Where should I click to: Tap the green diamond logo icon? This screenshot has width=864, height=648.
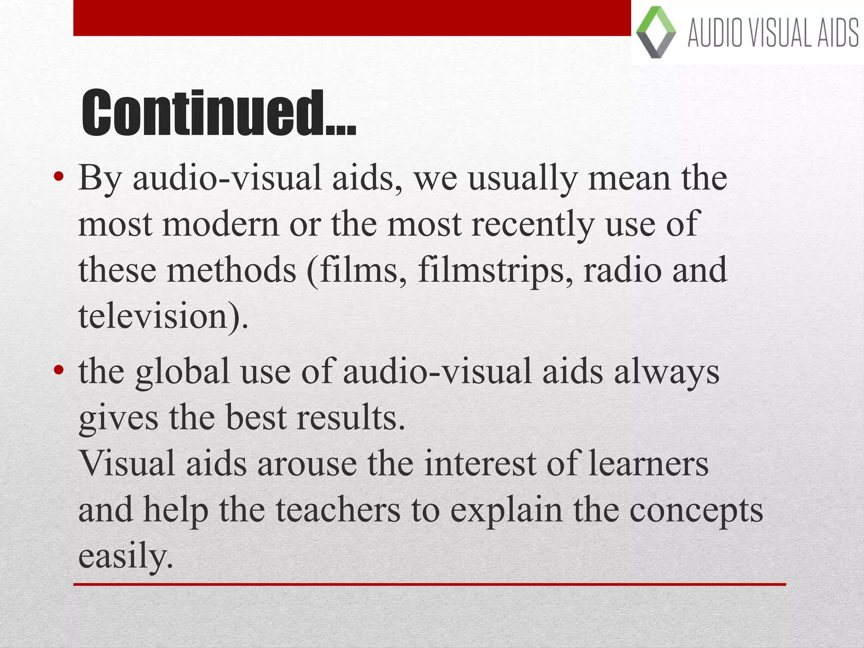656,32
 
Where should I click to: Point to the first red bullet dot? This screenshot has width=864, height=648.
59,177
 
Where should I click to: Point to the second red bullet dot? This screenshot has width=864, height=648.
59,370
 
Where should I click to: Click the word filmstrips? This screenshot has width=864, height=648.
495,270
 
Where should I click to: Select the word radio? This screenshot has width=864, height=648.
622,270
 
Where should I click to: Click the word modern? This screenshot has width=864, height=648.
221,224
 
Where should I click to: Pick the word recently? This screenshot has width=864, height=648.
532,224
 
